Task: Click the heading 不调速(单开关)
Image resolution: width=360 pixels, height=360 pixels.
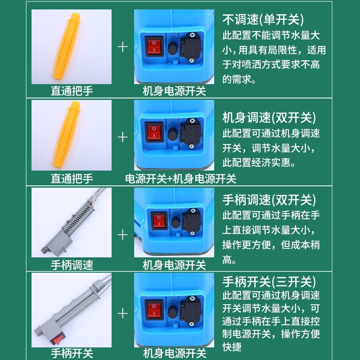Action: tap(263, 20)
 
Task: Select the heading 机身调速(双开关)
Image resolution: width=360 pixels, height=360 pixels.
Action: tap(269, 118)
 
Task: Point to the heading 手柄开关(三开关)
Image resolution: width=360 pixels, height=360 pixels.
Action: tap(269, 282)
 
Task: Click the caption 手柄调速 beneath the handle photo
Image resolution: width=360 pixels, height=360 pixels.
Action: tap(72, 265)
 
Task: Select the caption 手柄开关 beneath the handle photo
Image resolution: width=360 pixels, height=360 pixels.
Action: tap(72, 353)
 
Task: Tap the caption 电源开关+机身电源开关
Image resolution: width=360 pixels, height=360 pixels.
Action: tap(180, 179)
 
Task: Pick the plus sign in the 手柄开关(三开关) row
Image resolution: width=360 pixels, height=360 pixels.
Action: tap(123, 313)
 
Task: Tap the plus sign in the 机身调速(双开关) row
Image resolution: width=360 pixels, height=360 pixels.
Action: tap(123, 137)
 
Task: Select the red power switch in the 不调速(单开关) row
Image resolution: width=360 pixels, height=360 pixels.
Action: tap(154, 45)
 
